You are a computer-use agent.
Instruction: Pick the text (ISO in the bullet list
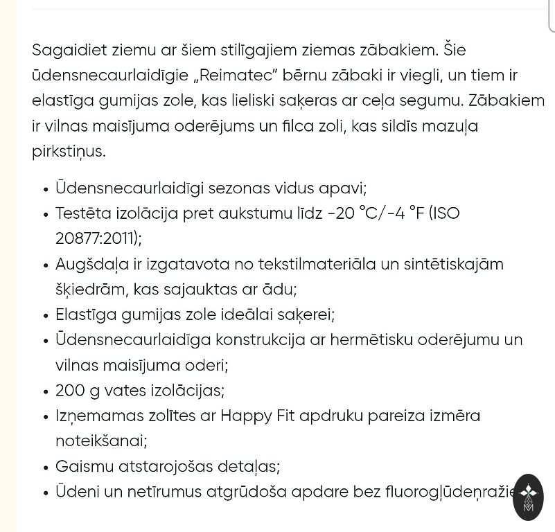(x=444, y=213)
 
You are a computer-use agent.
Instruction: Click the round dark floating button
(x=528, y=497)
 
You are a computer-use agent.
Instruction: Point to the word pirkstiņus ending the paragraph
(x=69, y=152)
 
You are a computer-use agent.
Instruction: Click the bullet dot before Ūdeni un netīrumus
(x=46, y=493)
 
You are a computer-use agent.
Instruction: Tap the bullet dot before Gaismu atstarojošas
(x=46, y=468)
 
